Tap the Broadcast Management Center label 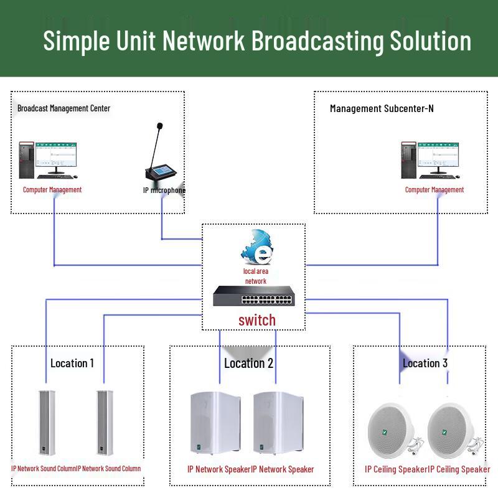(x=63, y=108)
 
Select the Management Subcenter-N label (x=382, y=108)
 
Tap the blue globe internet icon (x=257, y=248)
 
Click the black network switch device (x=254, y=297)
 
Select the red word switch (x=256, y=320)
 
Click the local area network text (x=255, y=276)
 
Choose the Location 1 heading (x=72, y=363)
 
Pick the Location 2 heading (x=248, y=363)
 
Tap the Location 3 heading (x=425, y=363)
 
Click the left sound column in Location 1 (x=45, y=424)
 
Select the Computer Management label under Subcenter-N (x=434, y=190)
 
